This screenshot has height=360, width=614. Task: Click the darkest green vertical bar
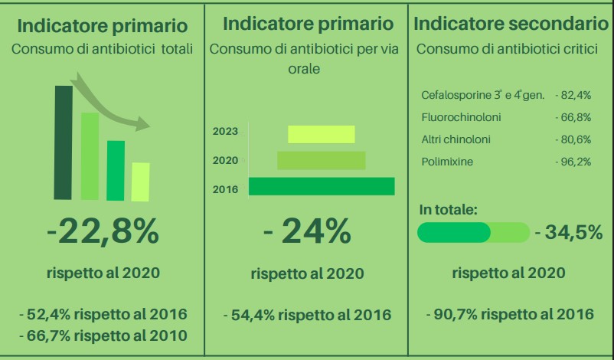point(63,142)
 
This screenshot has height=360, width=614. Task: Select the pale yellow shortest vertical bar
point(141,182)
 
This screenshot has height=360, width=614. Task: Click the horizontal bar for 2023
point(322,134)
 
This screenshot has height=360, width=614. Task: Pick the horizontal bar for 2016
point(322,186)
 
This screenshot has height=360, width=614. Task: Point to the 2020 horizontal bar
point(322,161)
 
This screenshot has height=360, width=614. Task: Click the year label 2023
point(225,131)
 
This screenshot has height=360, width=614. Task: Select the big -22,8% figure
point(103,232)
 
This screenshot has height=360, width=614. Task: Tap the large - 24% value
point(308,232)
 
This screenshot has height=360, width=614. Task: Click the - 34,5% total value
point(569,232)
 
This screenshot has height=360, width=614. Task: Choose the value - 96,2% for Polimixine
point(573,162)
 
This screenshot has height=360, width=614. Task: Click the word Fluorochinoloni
point(461,117)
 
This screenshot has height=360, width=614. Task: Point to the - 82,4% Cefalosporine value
point(573,95)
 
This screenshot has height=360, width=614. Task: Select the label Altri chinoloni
point(456,139)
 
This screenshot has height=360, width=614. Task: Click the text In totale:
point(449,210)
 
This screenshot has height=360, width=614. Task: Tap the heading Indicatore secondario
point(511,24)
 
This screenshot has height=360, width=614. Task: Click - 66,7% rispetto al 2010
point(103,335)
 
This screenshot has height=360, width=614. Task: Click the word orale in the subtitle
point(304,68)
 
